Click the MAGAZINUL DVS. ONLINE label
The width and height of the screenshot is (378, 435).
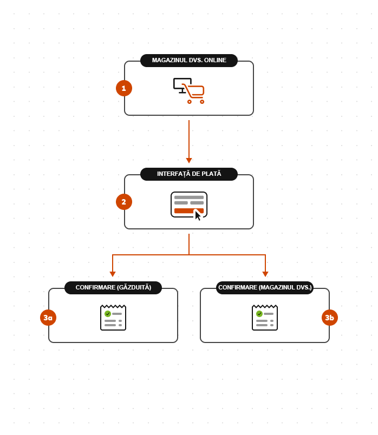(x=189, y=61)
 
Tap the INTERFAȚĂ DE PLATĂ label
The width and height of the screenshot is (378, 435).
(x=189, y=174)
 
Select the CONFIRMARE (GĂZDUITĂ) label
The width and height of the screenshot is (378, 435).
(x=113, y=288)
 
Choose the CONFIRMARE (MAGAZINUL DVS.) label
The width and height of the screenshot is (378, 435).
(x=265, y=288)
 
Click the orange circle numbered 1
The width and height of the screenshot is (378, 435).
(x=124, y=88)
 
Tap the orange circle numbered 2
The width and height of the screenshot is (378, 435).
(x=124, y=202)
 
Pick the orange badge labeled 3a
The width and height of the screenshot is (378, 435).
(x=48, y=318)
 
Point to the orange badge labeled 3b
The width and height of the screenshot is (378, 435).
(x=330, y=318)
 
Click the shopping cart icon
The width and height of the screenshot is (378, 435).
(x=194, y=93)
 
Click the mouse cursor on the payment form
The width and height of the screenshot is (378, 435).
(x=198, y=215)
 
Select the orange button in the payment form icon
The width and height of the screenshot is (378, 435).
(x=184, y=210)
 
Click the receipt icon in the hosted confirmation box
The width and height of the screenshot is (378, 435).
(x=113, y=318)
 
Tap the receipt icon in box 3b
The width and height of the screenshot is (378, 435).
(x=265, y=318)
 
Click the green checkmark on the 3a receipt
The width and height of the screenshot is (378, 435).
(x=108, y=314)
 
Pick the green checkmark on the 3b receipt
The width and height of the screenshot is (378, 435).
(x=259, y=314)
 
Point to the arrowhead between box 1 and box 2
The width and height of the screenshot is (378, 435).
(x=189, y=160)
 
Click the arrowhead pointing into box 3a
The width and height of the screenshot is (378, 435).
(x=113, y=274)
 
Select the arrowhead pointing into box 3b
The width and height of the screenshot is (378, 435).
(x=265, y=274)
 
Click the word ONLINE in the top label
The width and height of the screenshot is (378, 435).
(x=215, y=61)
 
